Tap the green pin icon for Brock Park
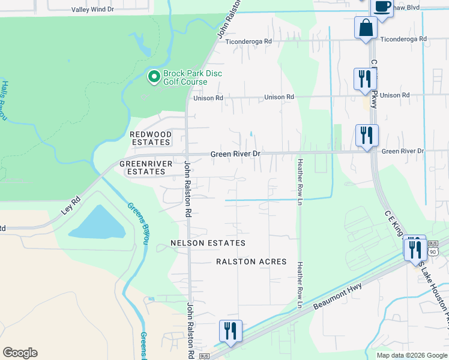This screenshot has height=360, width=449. click(x=154, y=76)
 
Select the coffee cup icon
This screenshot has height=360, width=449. click(x=382, y=7)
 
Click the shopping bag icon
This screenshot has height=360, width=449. click(x=366, y=28)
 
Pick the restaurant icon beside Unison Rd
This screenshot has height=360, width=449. click(x=365, y=79)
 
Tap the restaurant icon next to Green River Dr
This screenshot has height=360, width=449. click(x=367, y=135)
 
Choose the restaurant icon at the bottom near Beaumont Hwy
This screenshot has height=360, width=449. click(x=230, y=331)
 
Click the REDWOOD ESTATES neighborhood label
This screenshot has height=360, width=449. click(x=151, y=138)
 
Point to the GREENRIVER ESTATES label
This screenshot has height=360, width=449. click(x=142, y=167)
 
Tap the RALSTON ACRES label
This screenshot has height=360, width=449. click(x=252, y=262)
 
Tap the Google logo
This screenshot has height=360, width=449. click(x=20, y=353)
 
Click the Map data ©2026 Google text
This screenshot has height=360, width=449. click(x=411, y=355)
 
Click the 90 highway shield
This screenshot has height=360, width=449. click(x=433, y=251)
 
